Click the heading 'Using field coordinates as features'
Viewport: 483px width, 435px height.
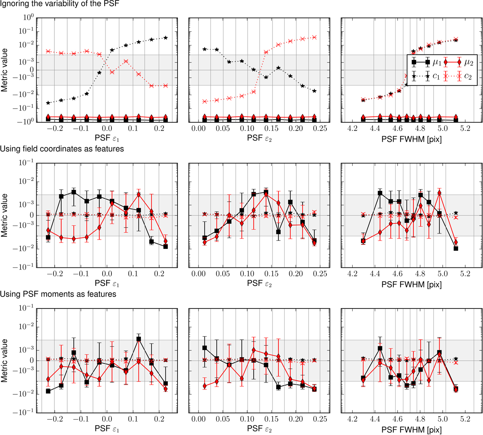(x=62, y=149)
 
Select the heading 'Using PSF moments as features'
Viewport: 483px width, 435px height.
(x=58, y=294)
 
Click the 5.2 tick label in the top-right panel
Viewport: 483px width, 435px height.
(x=465, y=128)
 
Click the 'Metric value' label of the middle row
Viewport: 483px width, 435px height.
(x=4, y=215)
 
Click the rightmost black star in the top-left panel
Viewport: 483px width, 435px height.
(x=165, y=38)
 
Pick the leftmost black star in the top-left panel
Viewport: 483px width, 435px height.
(x=48, y=103)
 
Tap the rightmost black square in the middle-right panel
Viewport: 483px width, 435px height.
(x=456, y=249)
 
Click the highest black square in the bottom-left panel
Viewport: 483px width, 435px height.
(x=139, y=339)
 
